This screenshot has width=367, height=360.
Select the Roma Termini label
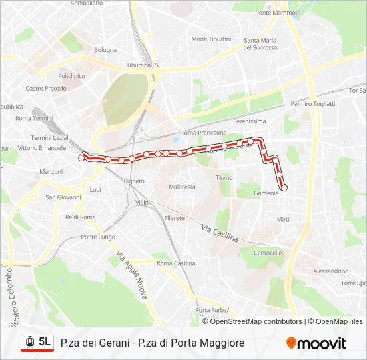[33, 118]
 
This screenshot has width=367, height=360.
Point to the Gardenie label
[266, 193]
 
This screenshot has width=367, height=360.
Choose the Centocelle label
[268, 253]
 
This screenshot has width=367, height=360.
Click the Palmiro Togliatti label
[312, 103]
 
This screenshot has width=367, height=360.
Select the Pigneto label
[133, 181]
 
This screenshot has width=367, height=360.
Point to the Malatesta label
[181, 187]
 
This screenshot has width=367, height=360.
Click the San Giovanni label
[63, 197]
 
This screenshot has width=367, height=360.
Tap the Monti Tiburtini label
[211, 39]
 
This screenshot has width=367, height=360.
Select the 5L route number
[45, 342]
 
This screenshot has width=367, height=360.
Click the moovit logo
[316, 343]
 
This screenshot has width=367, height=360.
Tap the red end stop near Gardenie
[284, 188]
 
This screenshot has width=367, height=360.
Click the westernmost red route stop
[82, 157]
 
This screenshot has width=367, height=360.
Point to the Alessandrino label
[330, 271]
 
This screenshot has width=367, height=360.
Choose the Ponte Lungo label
[98, 237]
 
